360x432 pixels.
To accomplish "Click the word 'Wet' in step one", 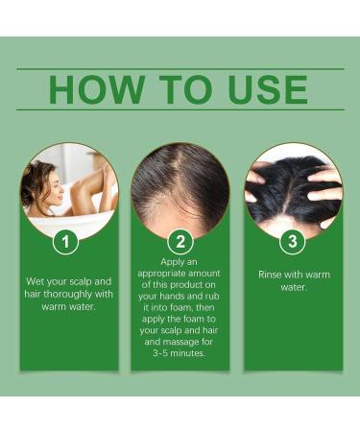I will pyautogui.click(x=37, y=280).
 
